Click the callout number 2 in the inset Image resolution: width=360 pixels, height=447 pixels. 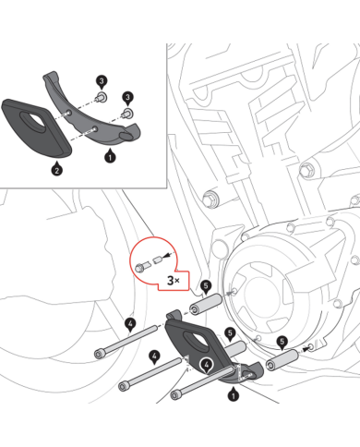click(56, 169)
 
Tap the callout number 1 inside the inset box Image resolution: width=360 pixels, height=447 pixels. click(110, 157)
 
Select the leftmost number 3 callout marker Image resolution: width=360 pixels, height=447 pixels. click(102, 82)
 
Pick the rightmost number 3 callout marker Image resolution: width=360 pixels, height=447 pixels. click(127, 98)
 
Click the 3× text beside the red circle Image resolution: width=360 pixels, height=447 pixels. click(174, 280)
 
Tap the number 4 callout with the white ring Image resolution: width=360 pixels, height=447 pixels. click(207, 365)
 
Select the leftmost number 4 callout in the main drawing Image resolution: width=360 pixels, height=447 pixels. click(130, 324)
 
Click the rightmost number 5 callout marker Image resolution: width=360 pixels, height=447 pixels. click(282, 342)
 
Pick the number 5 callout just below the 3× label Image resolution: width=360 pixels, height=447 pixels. click(206, 286)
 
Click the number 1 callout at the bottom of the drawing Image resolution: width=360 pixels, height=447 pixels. click(233, 395)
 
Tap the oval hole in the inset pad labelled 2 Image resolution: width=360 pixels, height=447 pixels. click(32, 119)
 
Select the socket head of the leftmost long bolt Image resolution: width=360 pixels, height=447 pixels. click(99, 354)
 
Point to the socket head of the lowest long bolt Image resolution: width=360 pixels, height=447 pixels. click(175, 394)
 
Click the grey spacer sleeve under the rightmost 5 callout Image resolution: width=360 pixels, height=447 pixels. click(282, 359)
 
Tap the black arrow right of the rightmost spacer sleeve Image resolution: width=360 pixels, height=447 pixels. click(305, 349)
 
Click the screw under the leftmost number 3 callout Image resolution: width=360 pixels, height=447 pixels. click(102, 97)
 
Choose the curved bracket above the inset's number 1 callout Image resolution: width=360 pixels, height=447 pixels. click(91, 110)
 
